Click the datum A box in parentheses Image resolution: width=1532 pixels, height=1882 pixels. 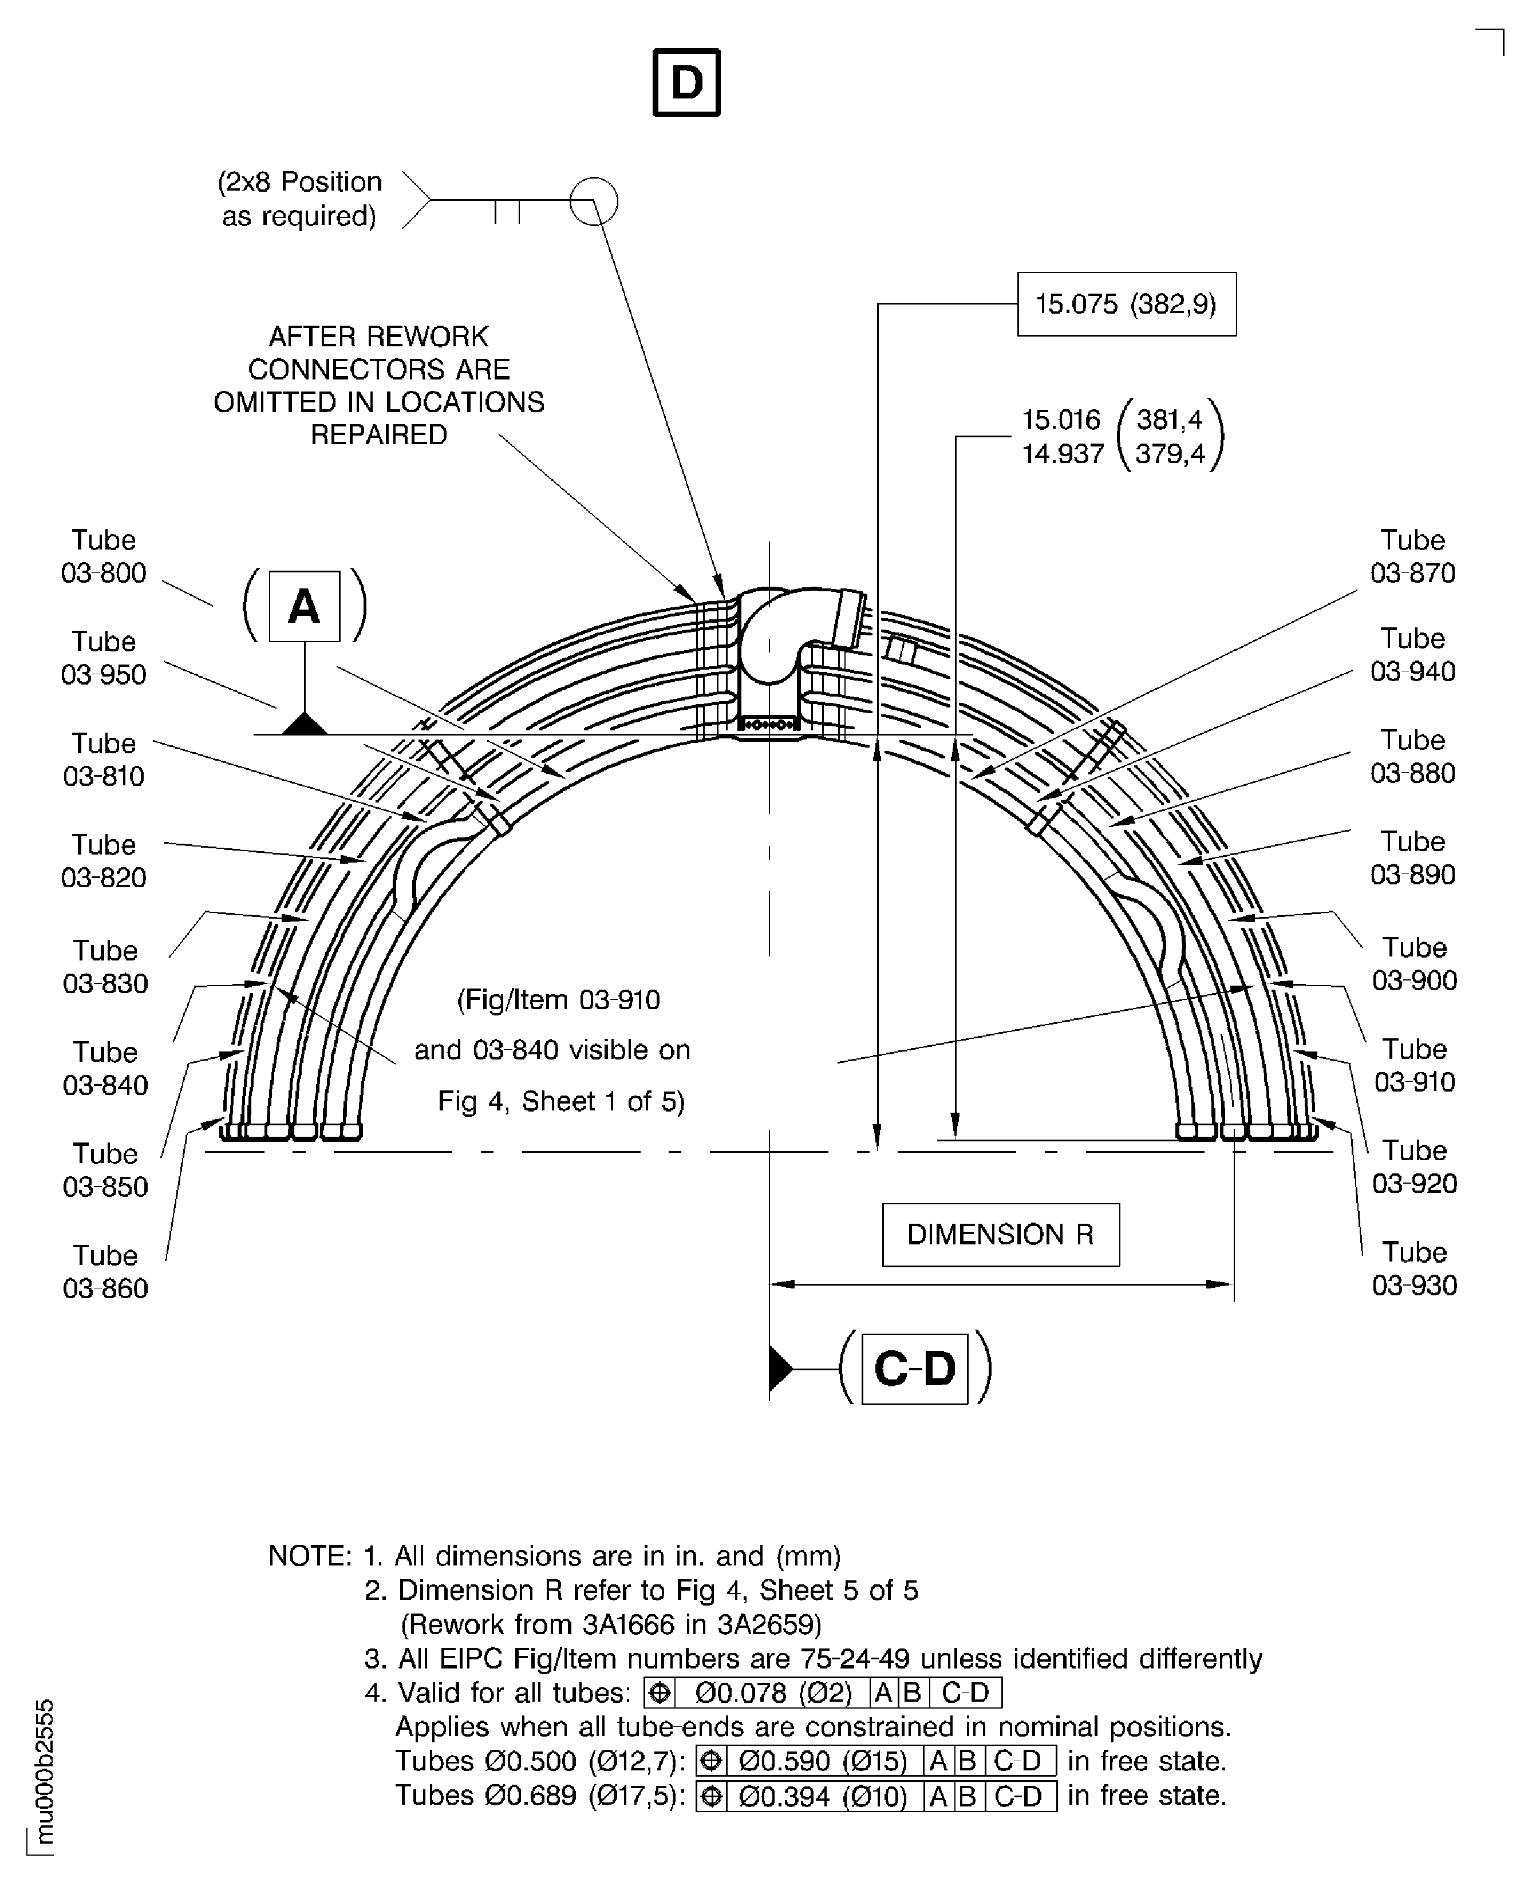point(303,606)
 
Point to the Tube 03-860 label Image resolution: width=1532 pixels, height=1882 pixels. point(105,1271)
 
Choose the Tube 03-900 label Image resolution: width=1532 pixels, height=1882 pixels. point(1413,963)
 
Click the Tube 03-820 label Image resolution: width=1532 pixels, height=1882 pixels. point(103,861)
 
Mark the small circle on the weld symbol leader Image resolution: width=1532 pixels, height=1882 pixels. point(593,201)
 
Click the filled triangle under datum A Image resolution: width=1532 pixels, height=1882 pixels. point(305,725)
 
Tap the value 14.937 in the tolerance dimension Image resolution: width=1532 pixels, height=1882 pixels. point(1063,453)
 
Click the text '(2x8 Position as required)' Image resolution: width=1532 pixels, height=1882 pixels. point(300,199)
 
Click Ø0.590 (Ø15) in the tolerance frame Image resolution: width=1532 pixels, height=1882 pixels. point(823,1761)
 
